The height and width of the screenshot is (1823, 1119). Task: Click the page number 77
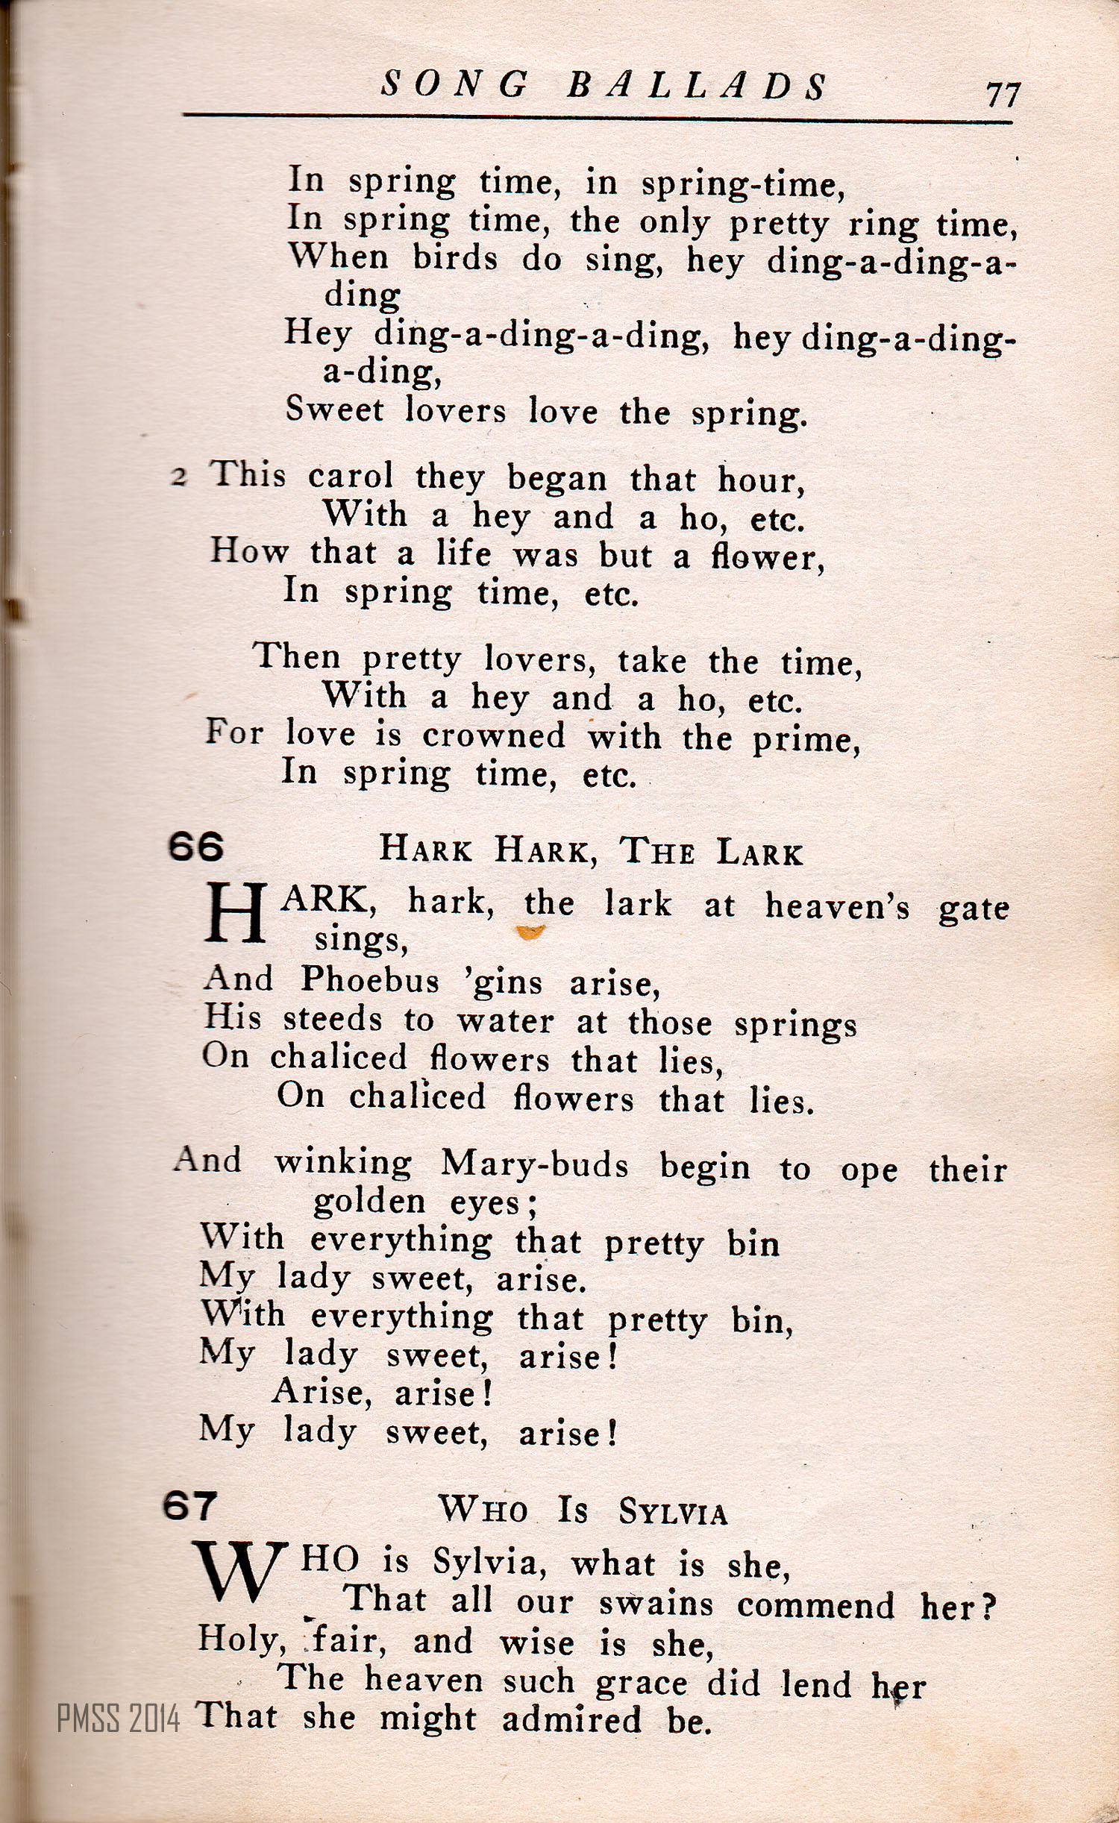tap(1002, 95)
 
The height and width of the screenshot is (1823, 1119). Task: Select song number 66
tap(195, 847)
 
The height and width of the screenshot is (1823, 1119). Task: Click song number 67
tap(190, 1506)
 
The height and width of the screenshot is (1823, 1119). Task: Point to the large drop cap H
tap(236, 913)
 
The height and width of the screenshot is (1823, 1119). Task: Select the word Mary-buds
tap(534, 1164)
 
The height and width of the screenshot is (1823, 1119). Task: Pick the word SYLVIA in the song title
tap(672, 1513)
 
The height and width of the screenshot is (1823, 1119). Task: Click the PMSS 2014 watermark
tap(119, 1719)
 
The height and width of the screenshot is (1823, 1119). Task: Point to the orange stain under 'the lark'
tap(530, 932)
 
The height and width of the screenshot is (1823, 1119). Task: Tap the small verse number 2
tap(178, 477)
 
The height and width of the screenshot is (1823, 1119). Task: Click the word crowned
tap(494, 736)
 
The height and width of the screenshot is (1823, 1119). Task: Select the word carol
tap(351, 477)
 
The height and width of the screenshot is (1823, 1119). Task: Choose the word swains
tap(656, 1604)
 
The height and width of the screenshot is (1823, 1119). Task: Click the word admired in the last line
tap(571, 1719)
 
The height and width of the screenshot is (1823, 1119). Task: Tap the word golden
tap(369, 1202)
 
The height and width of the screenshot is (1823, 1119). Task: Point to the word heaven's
tap(837, 907)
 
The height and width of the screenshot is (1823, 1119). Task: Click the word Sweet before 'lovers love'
tap(334, 410)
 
